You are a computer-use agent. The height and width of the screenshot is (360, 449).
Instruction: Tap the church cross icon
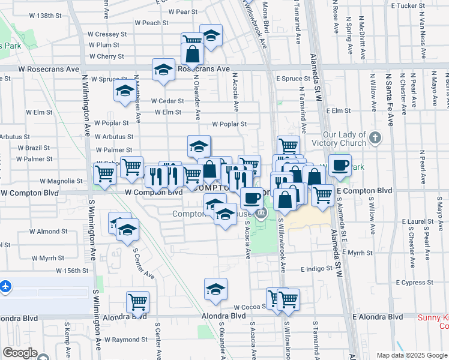pos(375,138)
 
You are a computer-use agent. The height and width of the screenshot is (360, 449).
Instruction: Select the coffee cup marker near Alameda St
pos(340,166)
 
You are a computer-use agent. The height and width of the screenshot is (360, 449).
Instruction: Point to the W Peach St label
pos(143,23)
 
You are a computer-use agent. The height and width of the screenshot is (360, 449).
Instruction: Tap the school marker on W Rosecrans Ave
pos(163,70)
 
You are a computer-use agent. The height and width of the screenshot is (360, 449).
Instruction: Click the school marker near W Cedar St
pos(125,91)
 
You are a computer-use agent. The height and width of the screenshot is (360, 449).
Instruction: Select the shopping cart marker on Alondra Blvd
pos(138,302)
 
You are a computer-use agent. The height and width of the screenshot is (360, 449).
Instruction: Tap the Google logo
pos(20,353)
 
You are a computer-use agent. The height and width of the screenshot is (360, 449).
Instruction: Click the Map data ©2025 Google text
pos(412,355)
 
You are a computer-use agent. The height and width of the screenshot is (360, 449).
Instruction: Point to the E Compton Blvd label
pos(364,191)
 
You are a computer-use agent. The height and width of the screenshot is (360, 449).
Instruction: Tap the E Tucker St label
pos(408,5)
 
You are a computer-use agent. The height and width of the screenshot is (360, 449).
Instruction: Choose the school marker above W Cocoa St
pos(215,289)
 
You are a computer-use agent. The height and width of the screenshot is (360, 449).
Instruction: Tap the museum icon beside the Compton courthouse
pos(261,214)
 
